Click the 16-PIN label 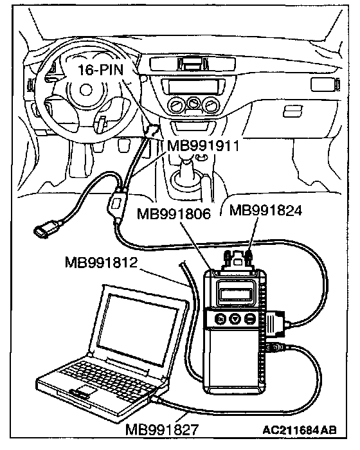point(100,70)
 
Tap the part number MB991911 point(203,146)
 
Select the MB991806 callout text point(174,214)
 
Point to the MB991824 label point(266,211)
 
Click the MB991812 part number point(102,262)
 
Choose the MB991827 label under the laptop point(162,429)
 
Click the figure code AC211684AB point(300,430)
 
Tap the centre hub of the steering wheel point(84,90)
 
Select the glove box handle point(293,111)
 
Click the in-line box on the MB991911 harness point(116,204)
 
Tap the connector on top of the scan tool point(238,259)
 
